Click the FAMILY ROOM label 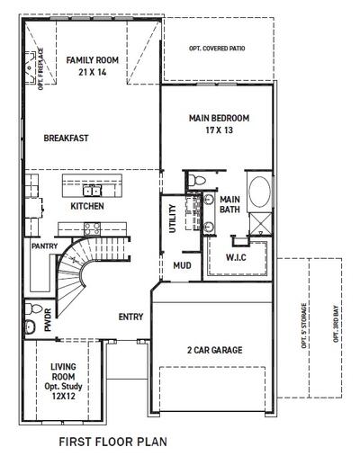[x=87, y=60]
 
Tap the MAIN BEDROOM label [x=218, y=118]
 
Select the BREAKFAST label [x=65, y=139]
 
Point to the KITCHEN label [x=87, y=207]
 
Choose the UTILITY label [x=173, y=219]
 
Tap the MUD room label [x=181, y=265]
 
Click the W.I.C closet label [x=235, y=258]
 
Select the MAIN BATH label [x=230, y=204]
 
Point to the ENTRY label [x=131, y=317]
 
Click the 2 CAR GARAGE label [x=214, y=349]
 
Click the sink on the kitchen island [x=92, y=190]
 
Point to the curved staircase [x=81, y=261]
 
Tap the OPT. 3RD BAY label [x=336, y=325]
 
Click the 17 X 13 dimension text [x=218, y=130]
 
